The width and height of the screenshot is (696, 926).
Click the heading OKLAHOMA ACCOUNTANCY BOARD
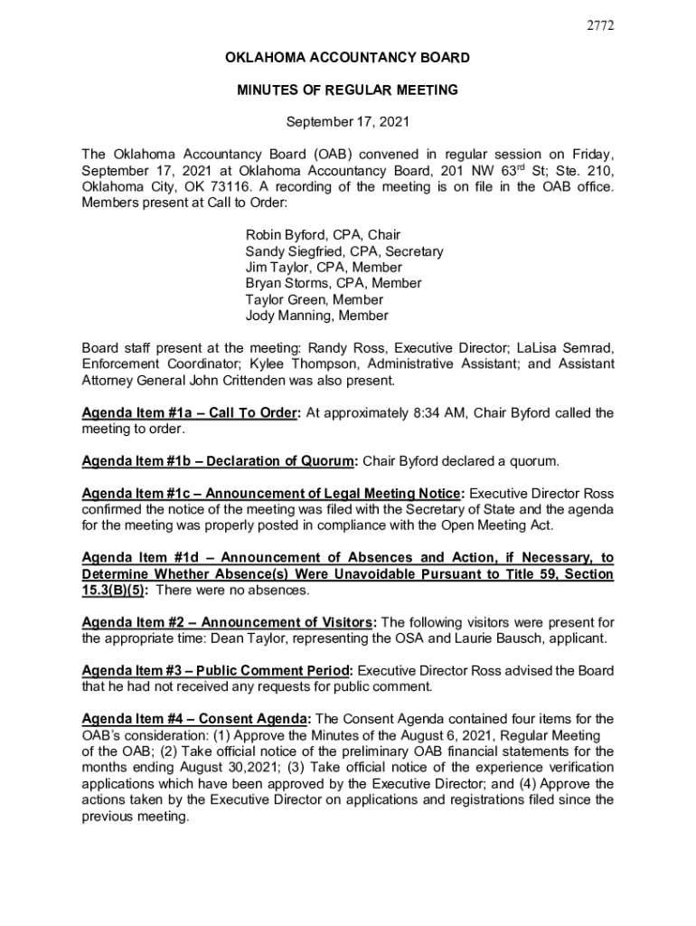click(x=347, y=58)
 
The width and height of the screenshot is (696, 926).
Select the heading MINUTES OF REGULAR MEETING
click(x=347, y=90)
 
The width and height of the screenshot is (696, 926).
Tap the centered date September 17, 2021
click(x=347, y=121)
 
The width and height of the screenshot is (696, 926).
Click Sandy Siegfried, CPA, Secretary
click(x=344, y=251)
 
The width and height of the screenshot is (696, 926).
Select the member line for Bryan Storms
click(x=321, y=284)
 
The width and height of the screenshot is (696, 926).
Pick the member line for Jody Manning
click(x=317, y=316)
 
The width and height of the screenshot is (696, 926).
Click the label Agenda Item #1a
click(x=134, y=413)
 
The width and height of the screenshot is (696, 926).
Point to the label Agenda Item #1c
click(x=134, y=494)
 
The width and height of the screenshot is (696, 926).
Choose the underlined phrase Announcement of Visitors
click(x=287, y=622)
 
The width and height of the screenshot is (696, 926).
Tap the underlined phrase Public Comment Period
click(x=275, y=671)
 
